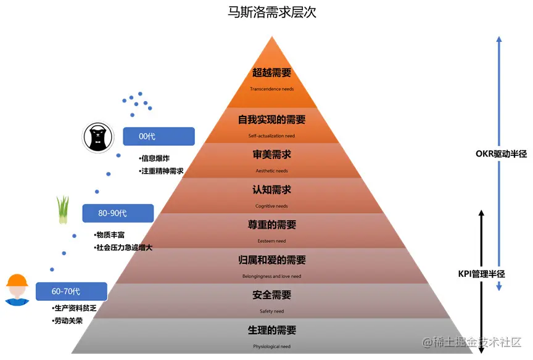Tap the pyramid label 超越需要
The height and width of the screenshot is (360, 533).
coord(271,73)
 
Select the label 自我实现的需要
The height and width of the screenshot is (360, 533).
coord(271,120)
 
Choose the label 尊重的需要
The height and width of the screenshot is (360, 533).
coord(271,225)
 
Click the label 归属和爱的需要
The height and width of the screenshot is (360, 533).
coord(271,260)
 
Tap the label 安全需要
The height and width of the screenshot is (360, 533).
coord(271,295)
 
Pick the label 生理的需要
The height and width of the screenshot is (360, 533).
coord(271,330)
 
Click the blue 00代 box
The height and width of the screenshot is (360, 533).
coord(159,136)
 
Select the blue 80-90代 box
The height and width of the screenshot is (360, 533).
coord(117,213)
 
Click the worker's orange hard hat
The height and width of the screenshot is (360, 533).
coord(17,281)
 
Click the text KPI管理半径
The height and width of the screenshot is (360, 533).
coord(481,273)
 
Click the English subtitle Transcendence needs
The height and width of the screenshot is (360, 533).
coord(271,89)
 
